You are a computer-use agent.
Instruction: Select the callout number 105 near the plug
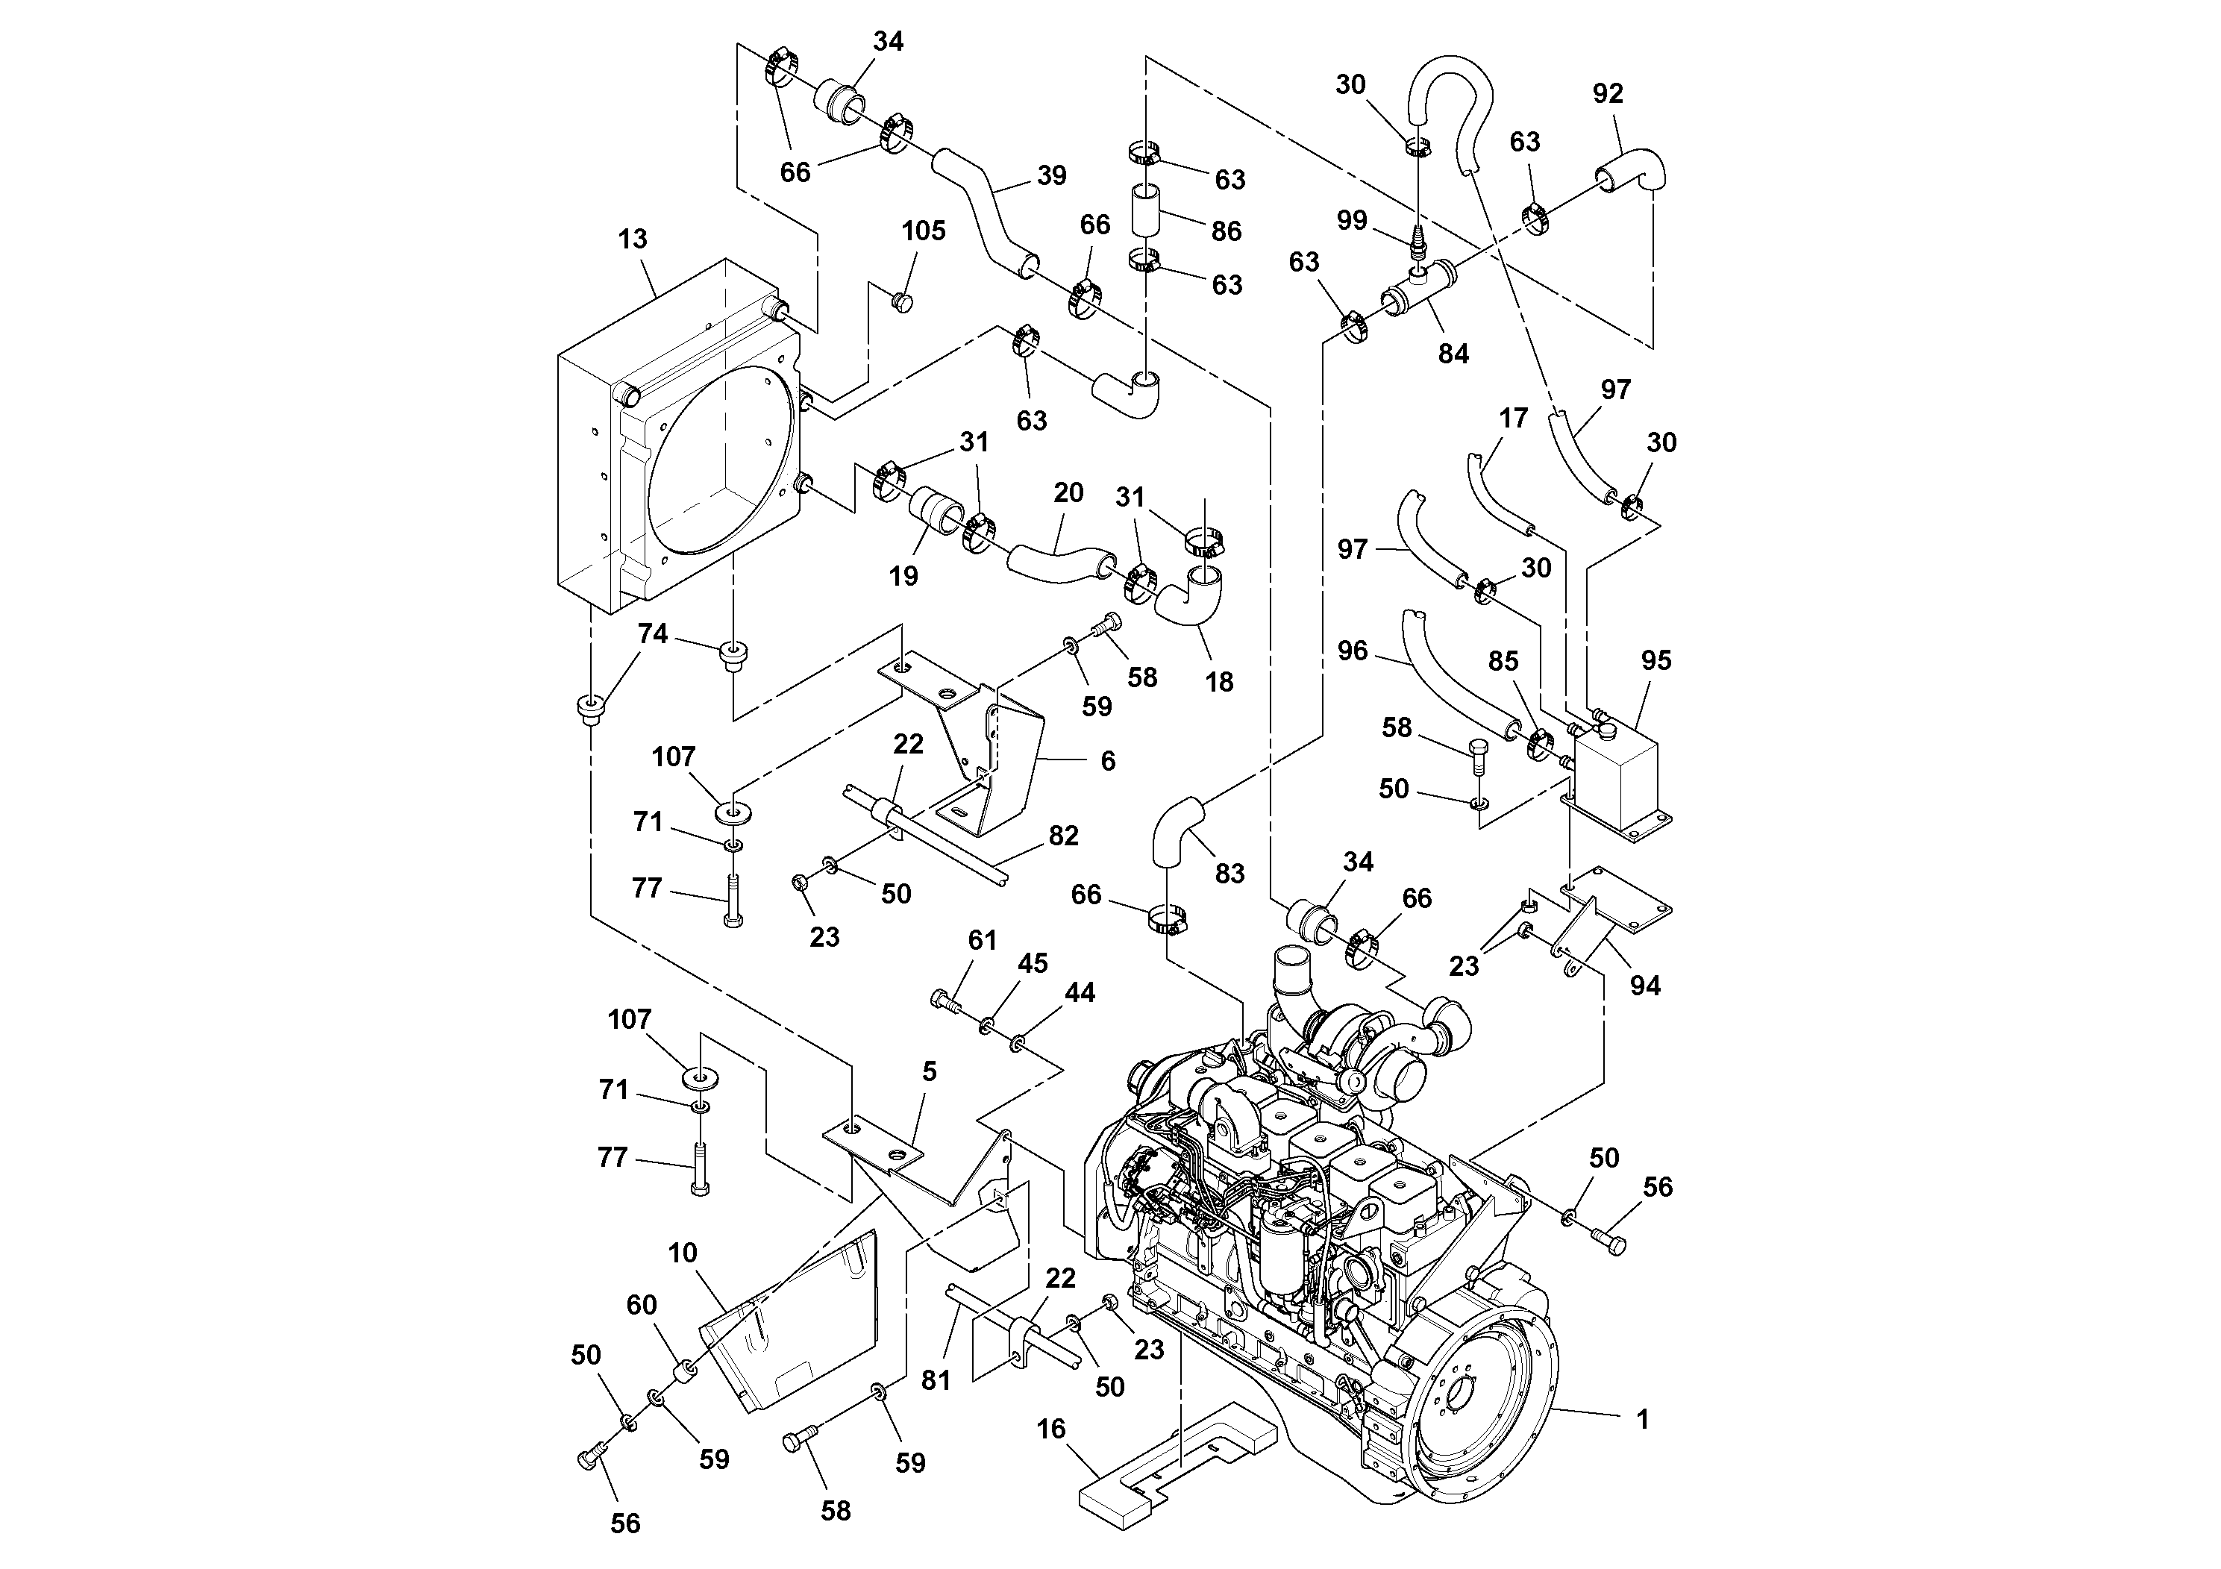(923, 231)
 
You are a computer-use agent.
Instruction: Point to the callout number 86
(1226, 232)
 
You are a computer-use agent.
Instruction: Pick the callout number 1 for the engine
(1641, 1420)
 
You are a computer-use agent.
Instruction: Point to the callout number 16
(1051, 1429)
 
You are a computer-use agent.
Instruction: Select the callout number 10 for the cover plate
(682, 1253)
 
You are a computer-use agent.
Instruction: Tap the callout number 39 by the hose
(1051, 176)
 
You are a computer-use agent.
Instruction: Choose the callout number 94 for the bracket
(1644, 986)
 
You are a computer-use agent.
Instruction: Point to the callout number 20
(1068, 493)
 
